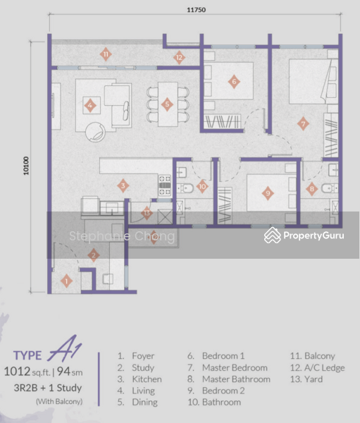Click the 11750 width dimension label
[197, 10]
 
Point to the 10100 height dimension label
[26, 166]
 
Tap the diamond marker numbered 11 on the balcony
[106, 54]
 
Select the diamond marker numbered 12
[179, 58]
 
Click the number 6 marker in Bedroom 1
[234, 82]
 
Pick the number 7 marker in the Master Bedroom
[303, 123]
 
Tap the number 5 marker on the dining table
[167, 104]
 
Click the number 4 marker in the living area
[90, 106]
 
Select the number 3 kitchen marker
[123, 185]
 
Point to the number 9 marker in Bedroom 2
[268, 193]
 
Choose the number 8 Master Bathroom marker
[312, 189]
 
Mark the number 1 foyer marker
[66, 281]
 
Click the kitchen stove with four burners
[164, 185]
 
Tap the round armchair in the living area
[95, 132]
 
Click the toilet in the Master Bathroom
[329, 188]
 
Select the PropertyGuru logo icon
[273, 235]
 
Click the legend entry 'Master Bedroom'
[235, 368]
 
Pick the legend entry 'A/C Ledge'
[324, 368]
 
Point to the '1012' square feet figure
[17, 372]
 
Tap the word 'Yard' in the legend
[314, 379]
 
